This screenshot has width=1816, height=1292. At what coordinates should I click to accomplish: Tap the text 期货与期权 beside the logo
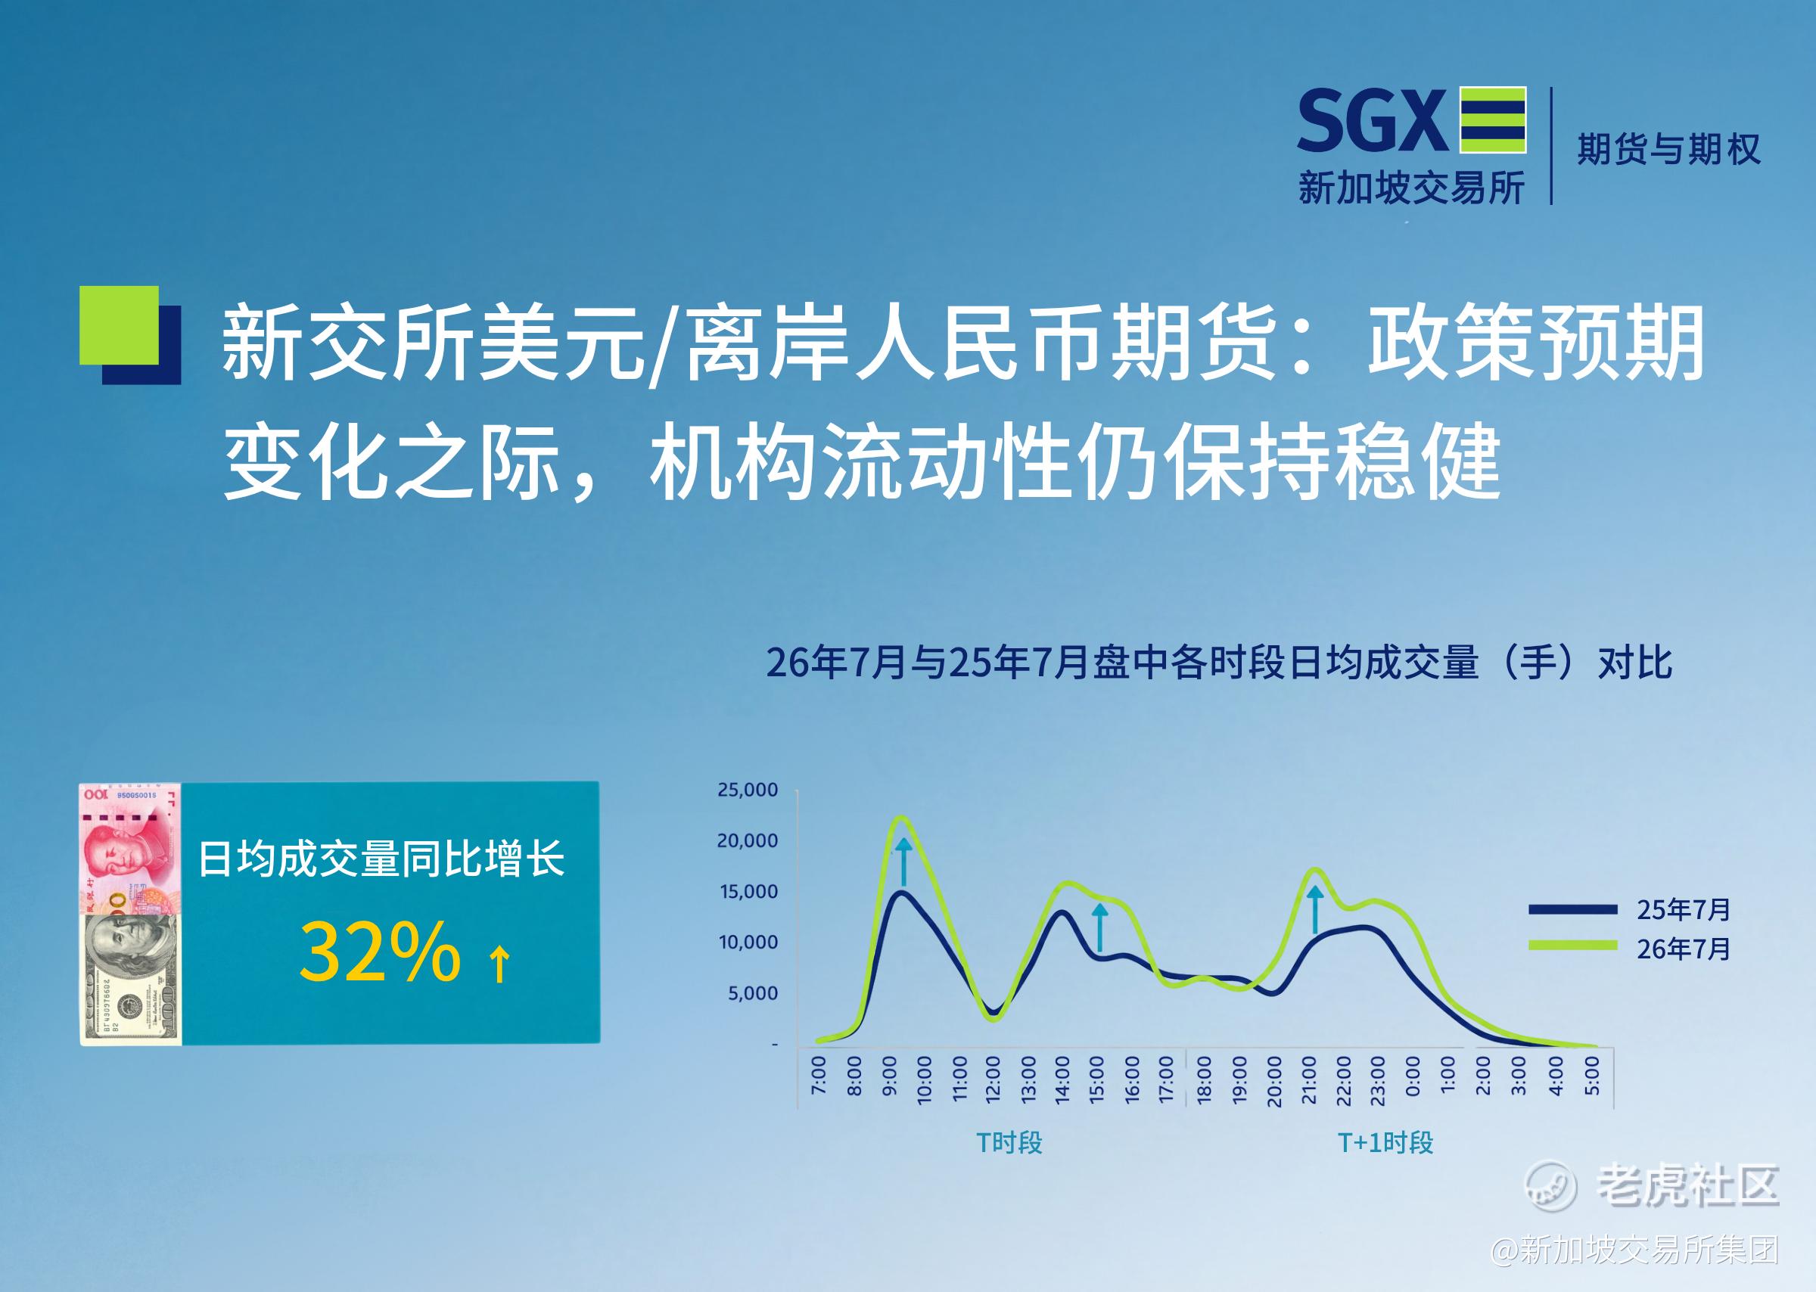click(1668, 149)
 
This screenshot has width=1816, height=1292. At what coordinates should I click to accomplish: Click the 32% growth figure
click(381, 952)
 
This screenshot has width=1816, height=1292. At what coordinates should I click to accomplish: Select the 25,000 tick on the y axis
click(748, 790)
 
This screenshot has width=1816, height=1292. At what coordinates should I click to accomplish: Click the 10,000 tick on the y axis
click(748, 943)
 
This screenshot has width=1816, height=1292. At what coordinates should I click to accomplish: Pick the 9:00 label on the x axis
click(889, 1076)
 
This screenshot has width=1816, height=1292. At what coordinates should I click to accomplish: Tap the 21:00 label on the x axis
click(1308, 1080)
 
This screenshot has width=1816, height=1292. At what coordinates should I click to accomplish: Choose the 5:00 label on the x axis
click(1591, 1076)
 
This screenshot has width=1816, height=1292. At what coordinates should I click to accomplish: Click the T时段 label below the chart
click(1009, 1143)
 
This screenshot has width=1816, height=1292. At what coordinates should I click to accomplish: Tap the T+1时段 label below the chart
click(1385, 1143)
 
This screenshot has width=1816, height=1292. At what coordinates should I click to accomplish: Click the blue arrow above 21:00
click(1315, 909)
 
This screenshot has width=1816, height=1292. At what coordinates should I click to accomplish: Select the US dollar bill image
click(130, 978)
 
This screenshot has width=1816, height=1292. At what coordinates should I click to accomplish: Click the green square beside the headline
click(120, 325)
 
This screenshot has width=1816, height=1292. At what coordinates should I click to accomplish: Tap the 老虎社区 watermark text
click(1688, 1186)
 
